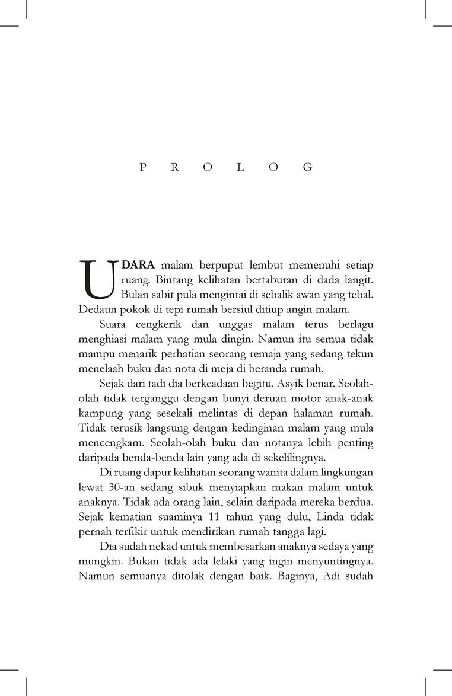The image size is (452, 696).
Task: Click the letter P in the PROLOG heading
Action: tap(143, 167)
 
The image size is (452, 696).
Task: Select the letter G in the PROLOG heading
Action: tap(307, 167)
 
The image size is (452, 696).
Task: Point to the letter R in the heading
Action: tap(176, 167)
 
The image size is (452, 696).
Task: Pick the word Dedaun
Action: tap(96, 309)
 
